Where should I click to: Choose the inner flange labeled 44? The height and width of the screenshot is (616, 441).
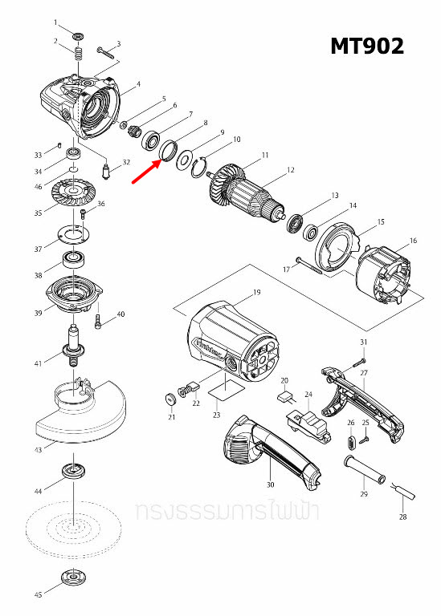[72, 472]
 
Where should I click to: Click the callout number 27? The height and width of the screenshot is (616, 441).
[363, 373]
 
